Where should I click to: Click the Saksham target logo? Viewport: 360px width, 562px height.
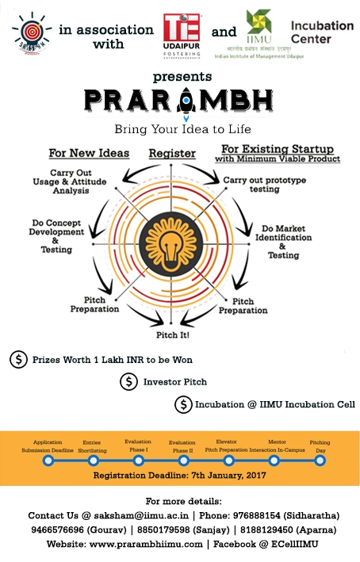point(29,32)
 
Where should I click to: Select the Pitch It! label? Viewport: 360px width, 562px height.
point(178,335)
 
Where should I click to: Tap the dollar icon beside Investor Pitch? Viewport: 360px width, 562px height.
point(128,381)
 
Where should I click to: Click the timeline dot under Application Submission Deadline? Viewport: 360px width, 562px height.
point(48,459)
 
